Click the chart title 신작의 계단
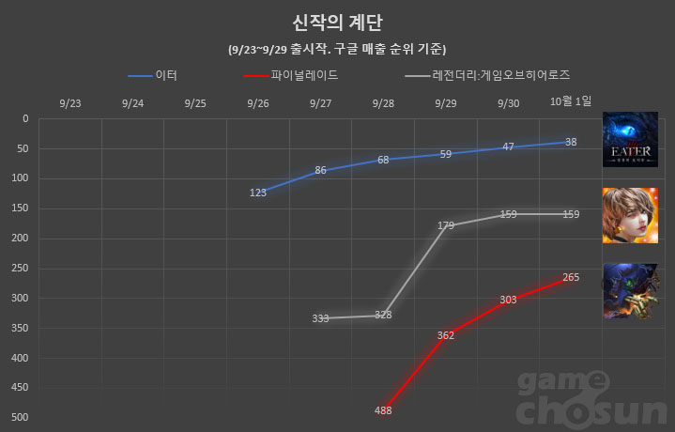coord(337,22)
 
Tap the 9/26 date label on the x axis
coord(258,102)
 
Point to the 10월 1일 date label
coord(571,101)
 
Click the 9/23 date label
coord(69,102)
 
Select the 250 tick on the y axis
coord(21,268)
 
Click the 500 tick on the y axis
coord(21,417)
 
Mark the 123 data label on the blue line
coord(258,193)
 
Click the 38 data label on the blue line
coord(571,142)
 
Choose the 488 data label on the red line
coord(383,410)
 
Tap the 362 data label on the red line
coord(446,335)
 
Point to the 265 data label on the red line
coord(571,277)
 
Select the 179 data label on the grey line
coord(446,225)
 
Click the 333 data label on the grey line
coord(320,318)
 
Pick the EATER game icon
coord(631,139)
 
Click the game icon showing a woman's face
coord(631,215)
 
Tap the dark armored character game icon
coord(631,290)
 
